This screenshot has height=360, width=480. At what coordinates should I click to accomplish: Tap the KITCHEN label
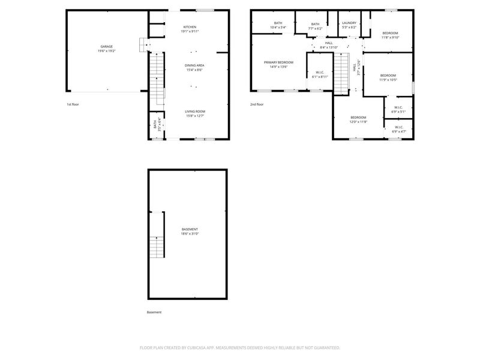[190, 27]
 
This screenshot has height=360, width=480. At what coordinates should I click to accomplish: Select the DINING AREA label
[194, 65]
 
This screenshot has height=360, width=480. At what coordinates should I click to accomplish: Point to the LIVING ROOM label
[194, 111]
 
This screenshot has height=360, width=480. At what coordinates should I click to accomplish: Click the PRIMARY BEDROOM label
[279, 62]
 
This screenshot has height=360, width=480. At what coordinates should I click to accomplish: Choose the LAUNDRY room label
[349, 23]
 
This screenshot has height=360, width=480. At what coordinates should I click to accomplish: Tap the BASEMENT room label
[190, 229]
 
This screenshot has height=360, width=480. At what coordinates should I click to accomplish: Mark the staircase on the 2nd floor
[341, 73]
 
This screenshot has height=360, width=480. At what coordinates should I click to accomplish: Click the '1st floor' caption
[73, 104]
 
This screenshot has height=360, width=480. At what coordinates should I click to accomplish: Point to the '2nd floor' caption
[257, 104]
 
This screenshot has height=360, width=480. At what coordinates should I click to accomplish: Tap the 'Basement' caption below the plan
[154, 312]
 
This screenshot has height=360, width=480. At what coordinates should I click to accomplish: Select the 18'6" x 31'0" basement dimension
[190, 234]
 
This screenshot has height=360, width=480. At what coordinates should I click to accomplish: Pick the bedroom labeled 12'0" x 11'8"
[358, 119]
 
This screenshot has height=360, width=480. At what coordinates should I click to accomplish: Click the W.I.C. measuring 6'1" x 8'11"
[319, 74]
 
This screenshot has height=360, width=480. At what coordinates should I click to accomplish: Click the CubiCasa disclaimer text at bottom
[240, 347]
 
